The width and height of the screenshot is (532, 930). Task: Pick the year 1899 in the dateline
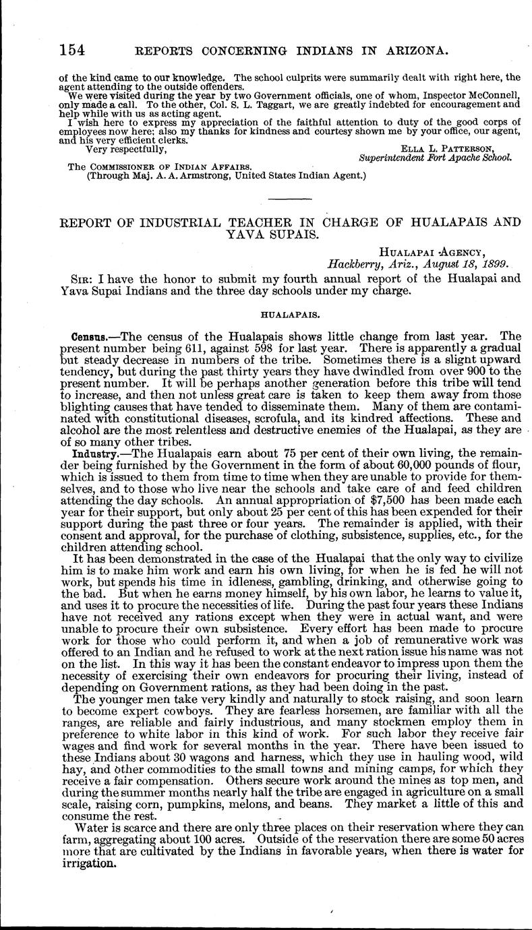tap(492, 264)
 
